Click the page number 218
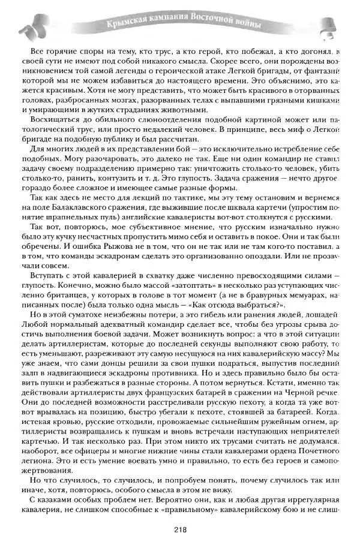180,529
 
